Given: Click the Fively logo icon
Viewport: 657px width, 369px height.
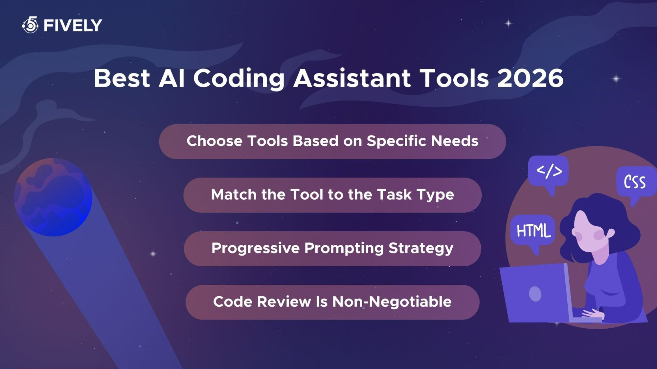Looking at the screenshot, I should pyautogui.click(x=30, y=25).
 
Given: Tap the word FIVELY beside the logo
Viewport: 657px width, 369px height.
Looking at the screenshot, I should pyautogui.click(x=73, y=26).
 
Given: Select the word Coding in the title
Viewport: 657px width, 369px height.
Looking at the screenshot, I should pyautogui.click(x=239, y=79).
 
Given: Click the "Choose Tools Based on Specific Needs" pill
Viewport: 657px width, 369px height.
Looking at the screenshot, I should pyautogui.click(x=332, y=141).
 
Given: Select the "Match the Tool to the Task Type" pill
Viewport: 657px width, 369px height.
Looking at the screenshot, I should pyautogui.click(x=332, y=195).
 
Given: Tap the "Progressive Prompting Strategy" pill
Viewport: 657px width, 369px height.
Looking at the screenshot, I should pyautogui.click(x=332, y=248).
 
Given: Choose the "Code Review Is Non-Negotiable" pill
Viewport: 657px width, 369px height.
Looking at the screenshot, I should pyautogui.click(x=332, y=302).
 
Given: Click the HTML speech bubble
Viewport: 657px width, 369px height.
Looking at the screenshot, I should pyautogui.click(x=533, y=231).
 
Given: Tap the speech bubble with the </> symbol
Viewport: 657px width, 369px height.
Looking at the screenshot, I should pyautogui.click(x=549, y=171).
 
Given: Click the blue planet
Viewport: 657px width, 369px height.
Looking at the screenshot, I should pyautogui.click(x=53, y=197).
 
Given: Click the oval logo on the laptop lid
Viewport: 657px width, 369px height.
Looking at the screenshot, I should pyautogui.click(x=535, y=294).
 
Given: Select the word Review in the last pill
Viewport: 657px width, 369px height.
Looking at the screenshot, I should pyautogui.click(x=284, y=302).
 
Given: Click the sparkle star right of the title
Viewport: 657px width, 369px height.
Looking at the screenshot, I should pyautogui.click(x=616, y=79).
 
